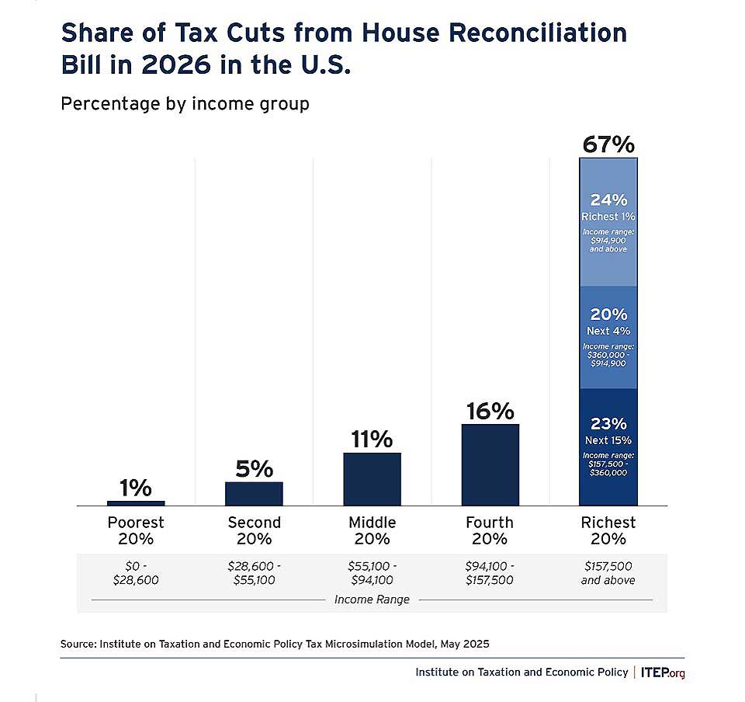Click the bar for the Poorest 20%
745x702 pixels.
point(136,503)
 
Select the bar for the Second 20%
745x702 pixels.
point(254,494)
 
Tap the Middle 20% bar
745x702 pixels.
point(372,479)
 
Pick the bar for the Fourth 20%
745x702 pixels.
point(490,465)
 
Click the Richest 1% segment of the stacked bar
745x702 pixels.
point(608,223)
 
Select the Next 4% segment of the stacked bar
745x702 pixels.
point(608,338)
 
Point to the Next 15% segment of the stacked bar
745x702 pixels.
point(608,447)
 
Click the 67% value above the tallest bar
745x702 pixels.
point(608,144)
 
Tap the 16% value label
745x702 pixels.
point(490,411)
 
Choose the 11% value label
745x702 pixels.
point(372,440)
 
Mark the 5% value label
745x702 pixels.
point(254,469)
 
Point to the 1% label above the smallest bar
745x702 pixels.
point(136,488)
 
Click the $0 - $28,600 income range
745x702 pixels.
point(136,573)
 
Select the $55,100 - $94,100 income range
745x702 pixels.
point(372,573)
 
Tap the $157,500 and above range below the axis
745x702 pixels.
point(608,573)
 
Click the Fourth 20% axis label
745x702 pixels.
point(490,530)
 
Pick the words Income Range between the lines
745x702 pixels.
point(372,599)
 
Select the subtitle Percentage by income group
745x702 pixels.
point(185,103)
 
